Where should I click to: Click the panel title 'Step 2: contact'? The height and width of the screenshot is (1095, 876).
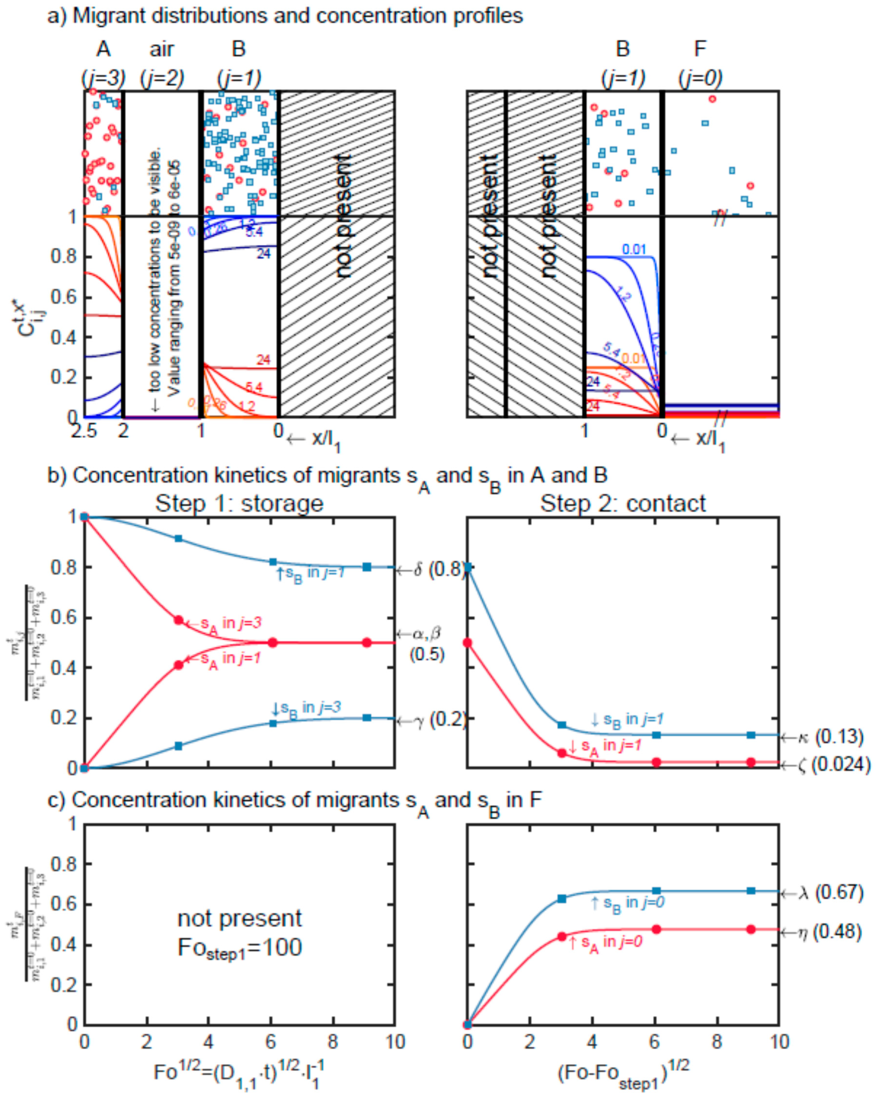[x=623, y=504]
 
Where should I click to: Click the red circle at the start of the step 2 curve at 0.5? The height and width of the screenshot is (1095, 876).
[x=468, y=643]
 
